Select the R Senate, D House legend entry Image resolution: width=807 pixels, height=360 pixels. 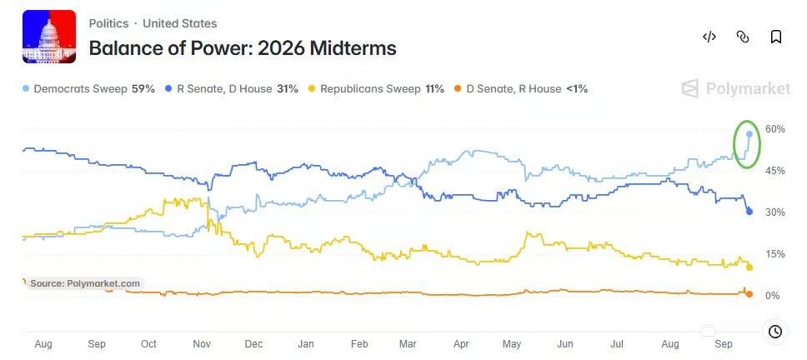pyautogui.click(x=232, y=89)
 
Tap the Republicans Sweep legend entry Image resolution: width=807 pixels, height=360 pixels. pyautogui.click(x=377, y=89)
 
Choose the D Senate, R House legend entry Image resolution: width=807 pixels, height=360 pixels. pyautogui.click(x=521, y=89)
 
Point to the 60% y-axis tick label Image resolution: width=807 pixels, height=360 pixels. pyautogui.click(x=775, y=128)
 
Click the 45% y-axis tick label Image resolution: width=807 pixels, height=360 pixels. pyautogui.click(x=775, y=170)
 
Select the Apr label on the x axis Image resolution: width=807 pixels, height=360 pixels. pyautogui.click(x=461, y=344)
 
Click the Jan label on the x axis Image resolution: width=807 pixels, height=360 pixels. pyautogui.click(x=306, y=344)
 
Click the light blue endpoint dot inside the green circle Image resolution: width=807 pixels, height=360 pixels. pyautogui.click(x=749, y=134)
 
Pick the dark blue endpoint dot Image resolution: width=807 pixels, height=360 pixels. pyautogui.click(x=749, y=212)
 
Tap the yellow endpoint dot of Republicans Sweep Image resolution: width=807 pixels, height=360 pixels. pyautogui.click(x=749, y=267)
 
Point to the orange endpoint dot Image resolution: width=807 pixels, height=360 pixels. pyautogui.click(x=749, y=294)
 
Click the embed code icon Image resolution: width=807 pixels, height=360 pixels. pyautogui.click(x=709, y=37)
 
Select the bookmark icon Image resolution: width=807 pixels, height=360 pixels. pyautogui.click(x=776, y=37)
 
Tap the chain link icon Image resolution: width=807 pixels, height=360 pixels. pyautogui.click(x=743, y=37)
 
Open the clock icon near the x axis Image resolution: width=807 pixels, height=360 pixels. pyautogui.click(x=775, y=332)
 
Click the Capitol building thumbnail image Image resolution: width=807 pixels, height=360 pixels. pyautogui.click(x=49, y=37)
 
